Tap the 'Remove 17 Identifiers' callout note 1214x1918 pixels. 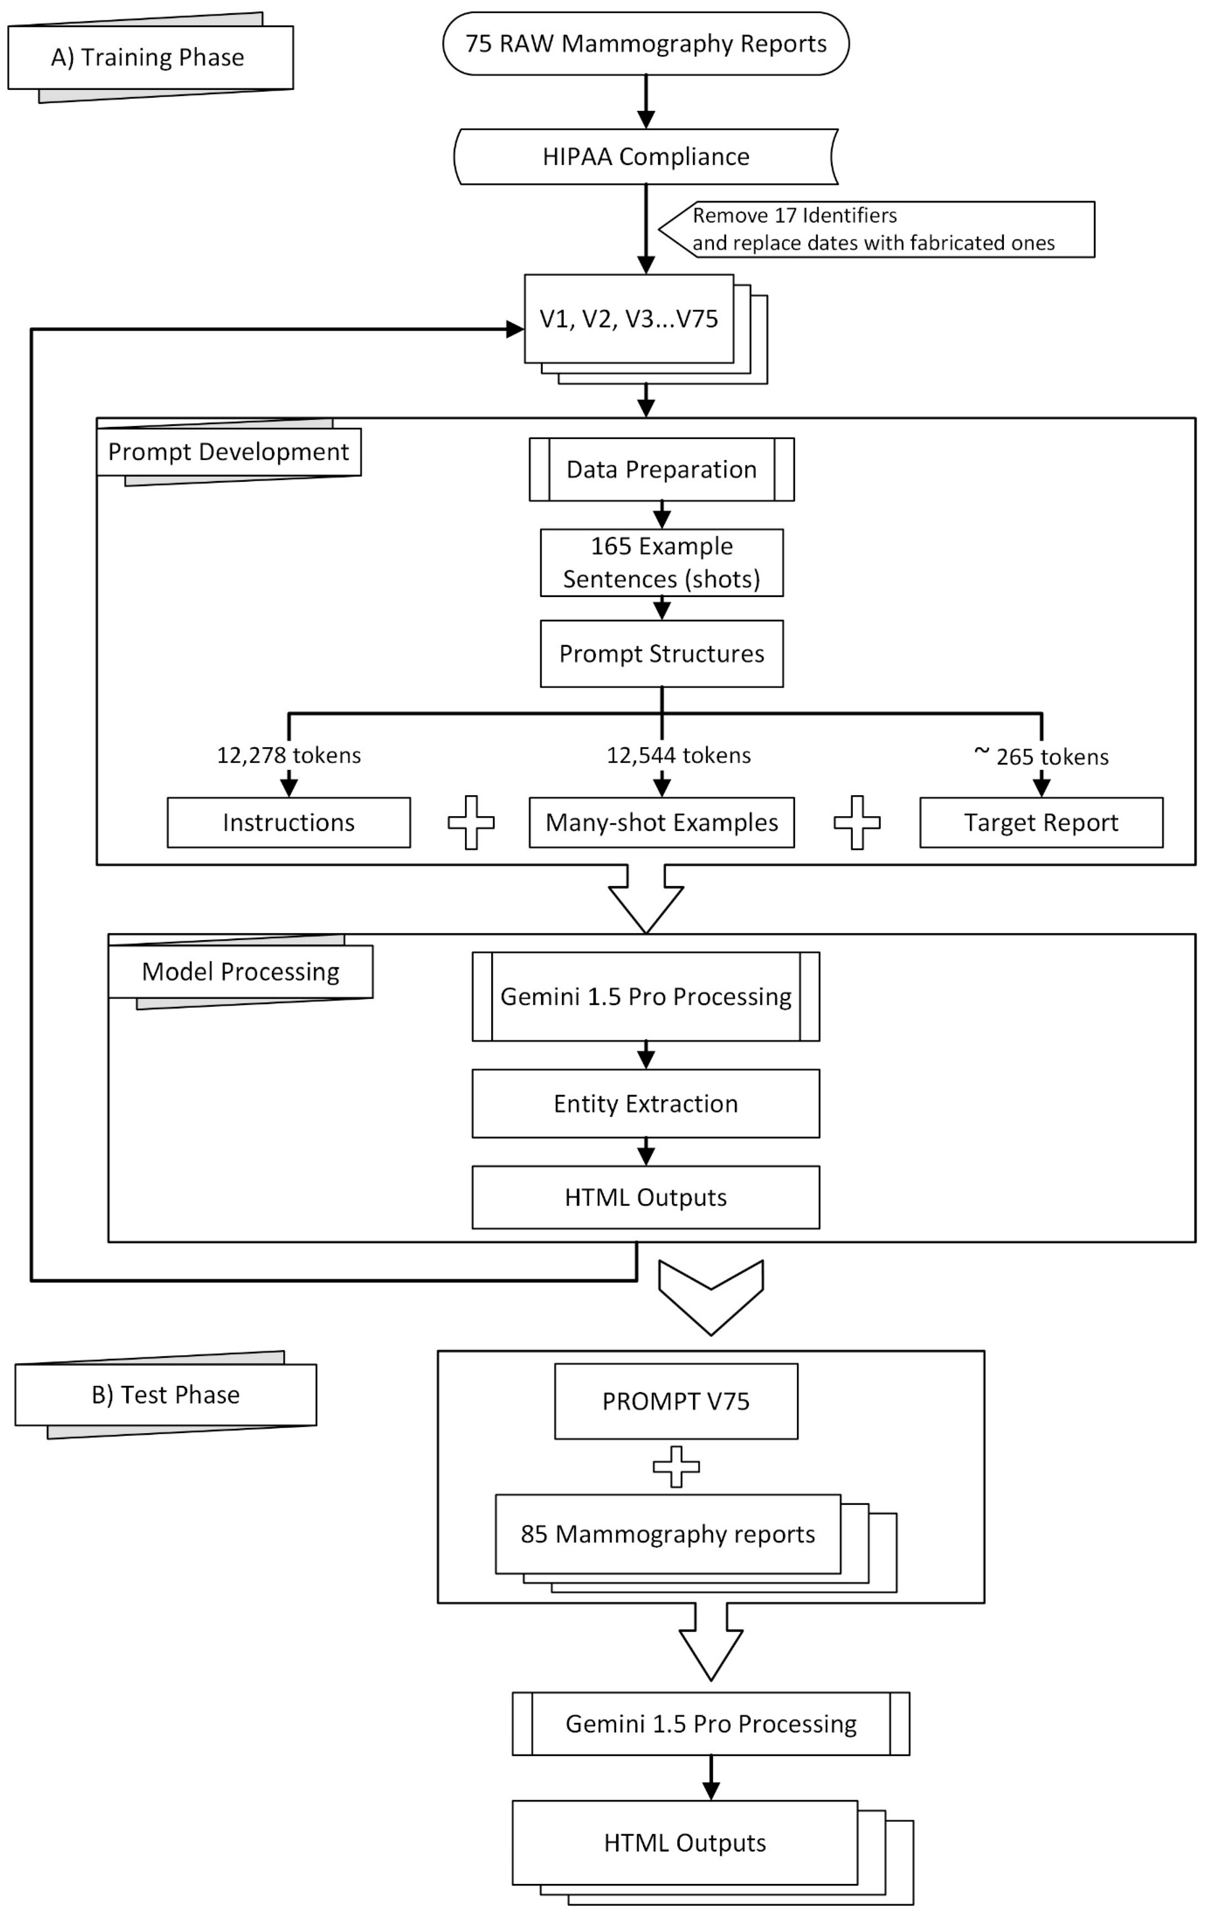[876, 230]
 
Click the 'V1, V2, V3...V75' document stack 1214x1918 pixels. [629, 319]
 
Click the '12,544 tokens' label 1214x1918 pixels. [679, 755]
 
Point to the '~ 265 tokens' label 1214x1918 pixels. [1042, 755]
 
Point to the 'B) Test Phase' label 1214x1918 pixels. [166, 1395]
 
